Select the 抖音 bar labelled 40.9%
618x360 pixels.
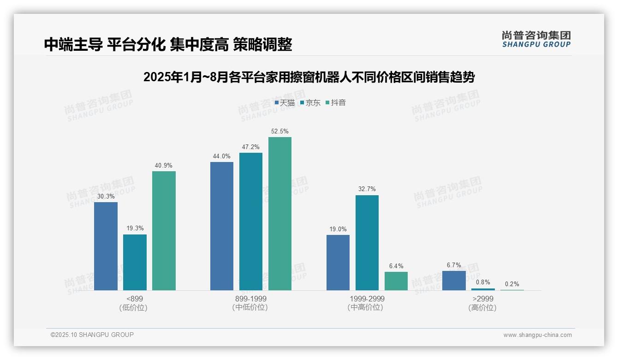click(164, 231)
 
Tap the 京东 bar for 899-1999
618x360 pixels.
click(251, 222)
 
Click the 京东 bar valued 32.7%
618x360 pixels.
click(367, 243)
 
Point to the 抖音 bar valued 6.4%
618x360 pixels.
click(396, 281)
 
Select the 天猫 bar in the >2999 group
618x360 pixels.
click(454, 281)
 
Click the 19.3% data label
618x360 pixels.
click(135, 228)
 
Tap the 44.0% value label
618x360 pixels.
click(222, 156)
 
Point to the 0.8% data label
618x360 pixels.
click(483, 282)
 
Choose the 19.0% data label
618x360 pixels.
click(338, 229)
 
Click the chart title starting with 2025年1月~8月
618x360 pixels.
click(309, 77)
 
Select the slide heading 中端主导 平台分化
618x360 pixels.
click(168, 44)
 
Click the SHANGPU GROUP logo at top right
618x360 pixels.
click(536, 39)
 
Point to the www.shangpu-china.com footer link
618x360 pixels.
click(537, 335)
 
